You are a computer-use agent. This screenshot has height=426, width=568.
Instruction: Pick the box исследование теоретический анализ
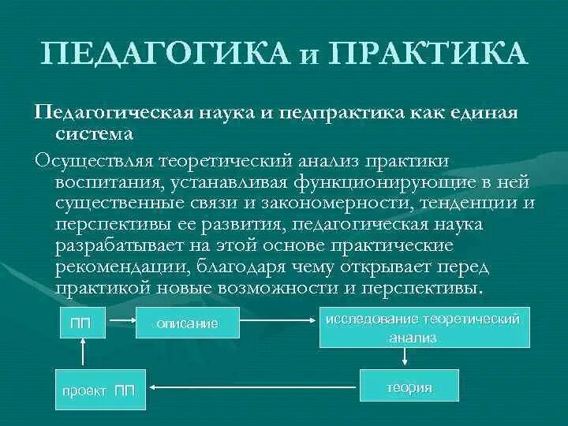[x=424, y=327]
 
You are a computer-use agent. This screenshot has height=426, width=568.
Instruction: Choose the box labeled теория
[x=409, y=387]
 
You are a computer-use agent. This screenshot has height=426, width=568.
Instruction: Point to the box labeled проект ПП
[x=99, y=390]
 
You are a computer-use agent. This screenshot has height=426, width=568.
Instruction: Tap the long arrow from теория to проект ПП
[x=252, y=387]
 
